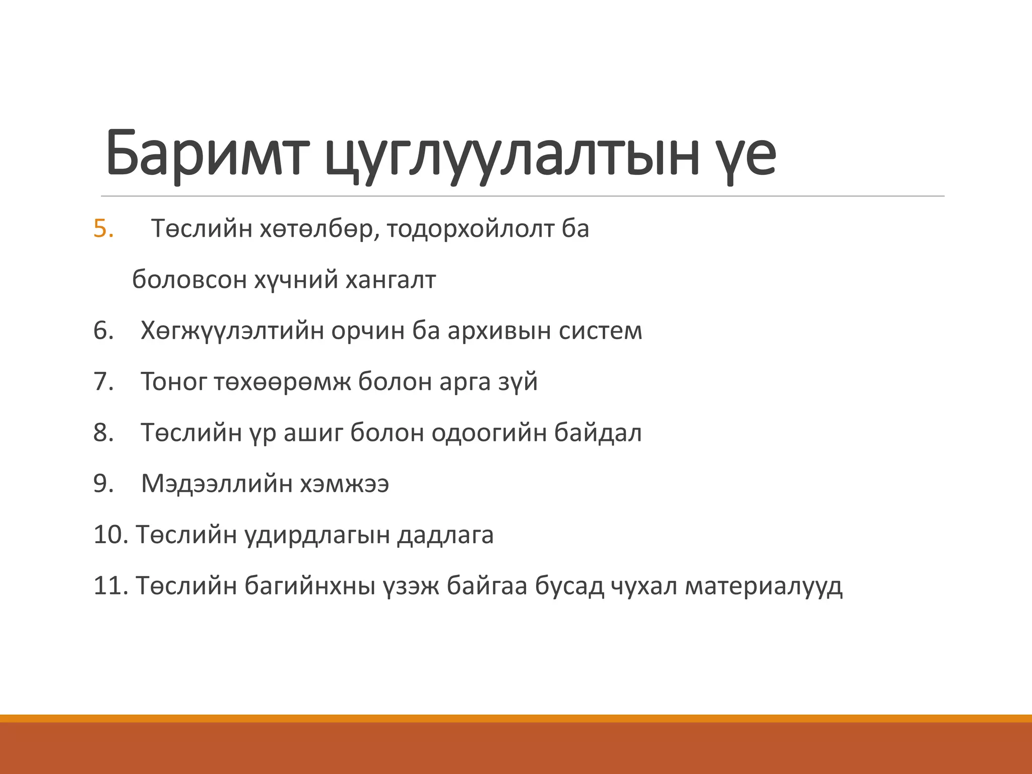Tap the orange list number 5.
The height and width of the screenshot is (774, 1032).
click(103, 229)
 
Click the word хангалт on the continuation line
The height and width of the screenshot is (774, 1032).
click(391, 280)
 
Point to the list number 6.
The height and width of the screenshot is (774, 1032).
click(103, 331)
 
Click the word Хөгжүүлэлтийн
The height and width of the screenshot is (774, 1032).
click(232, 331)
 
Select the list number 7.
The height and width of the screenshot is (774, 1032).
click(103, 381)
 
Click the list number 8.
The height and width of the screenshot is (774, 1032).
click(103, 433)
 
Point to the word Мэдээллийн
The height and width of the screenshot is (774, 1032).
click(217, 484)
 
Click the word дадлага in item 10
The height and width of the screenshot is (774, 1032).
click(445, 535)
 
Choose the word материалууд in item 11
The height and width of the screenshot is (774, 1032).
click(763, 586)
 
